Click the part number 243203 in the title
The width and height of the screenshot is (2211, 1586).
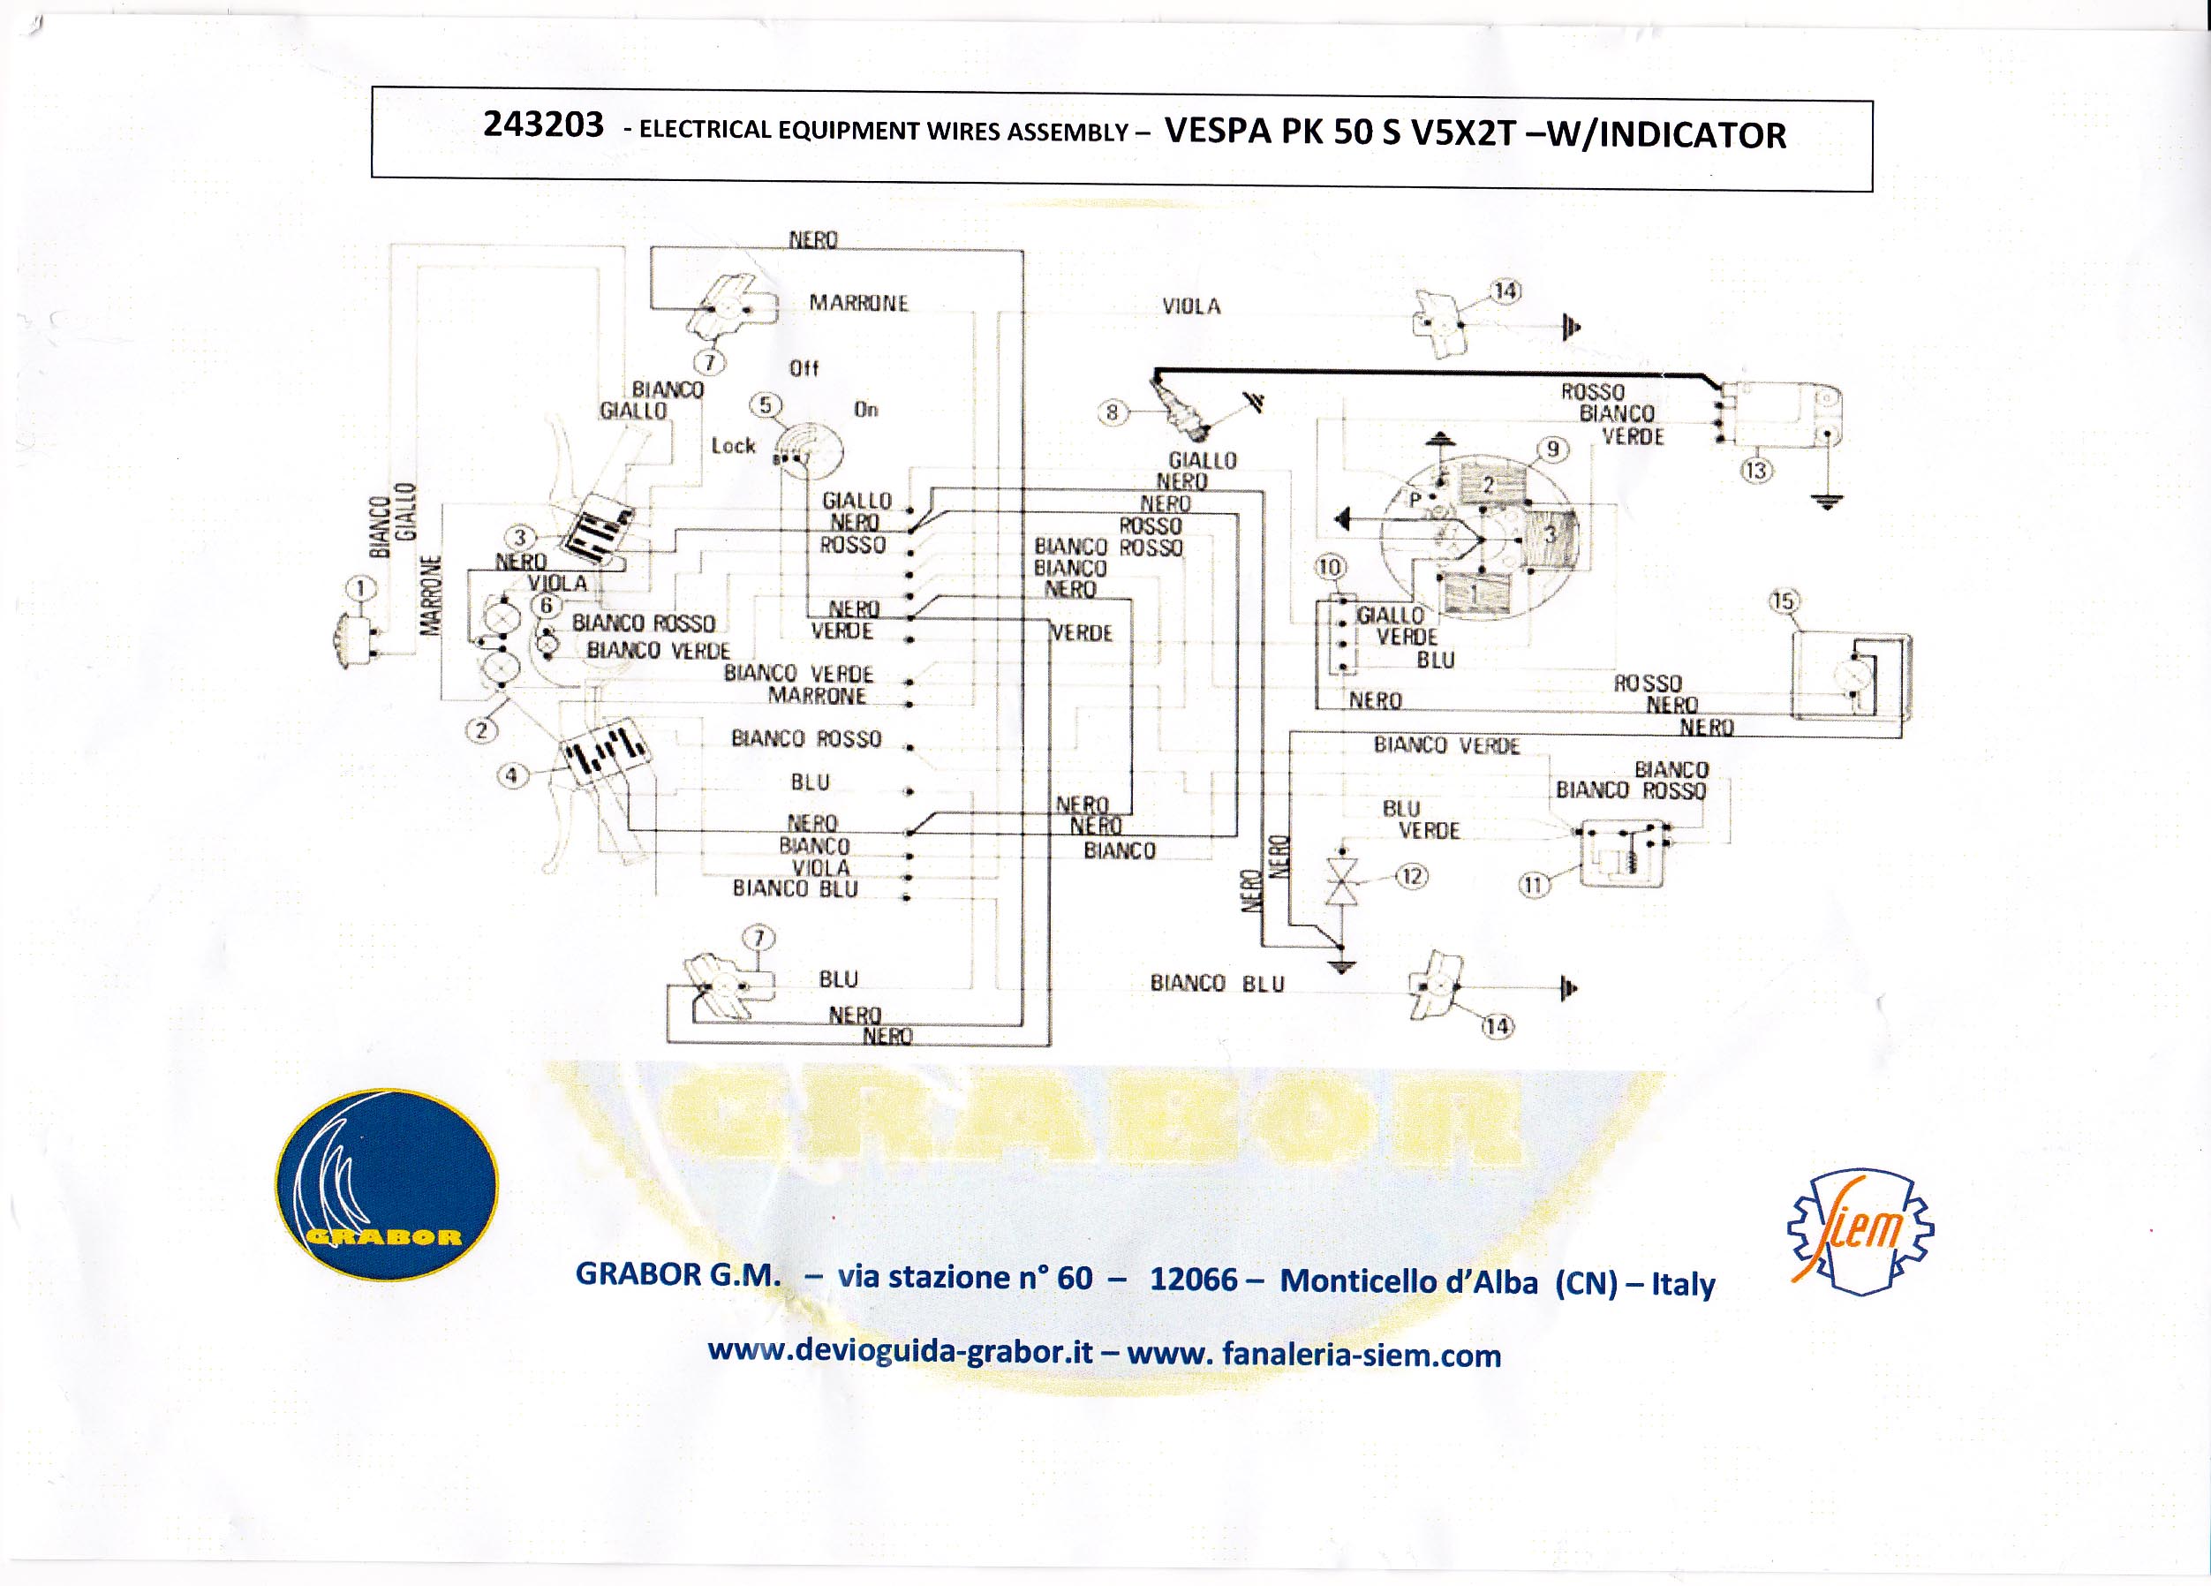point(543,125)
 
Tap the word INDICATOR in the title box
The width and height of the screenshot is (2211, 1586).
point(1693,134)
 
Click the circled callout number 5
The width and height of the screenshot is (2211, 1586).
point(766,405)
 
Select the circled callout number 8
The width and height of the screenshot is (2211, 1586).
point(1112,412)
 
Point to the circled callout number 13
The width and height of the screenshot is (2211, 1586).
point(1755,471)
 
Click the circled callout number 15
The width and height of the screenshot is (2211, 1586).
point(1783,601)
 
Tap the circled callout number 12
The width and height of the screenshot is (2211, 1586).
point(1412,875)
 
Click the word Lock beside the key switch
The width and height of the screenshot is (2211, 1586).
point(733,445)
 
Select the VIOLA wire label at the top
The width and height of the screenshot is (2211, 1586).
point(1191,306)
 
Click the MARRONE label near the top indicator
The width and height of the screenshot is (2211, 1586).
point(859,303)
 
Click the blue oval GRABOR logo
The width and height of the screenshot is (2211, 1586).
point(386,1183)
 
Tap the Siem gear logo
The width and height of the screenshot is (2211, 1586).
point(1861,1232)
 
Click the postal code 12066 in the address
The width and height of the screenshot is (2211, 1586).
point(1193,1278)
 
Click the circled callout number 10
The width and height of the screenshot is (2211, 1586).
point(1330,567)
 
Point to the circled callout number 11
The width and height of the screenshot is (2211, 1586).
point(1534,885)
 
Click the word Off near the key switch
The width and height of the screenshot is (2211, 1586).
point(804,368)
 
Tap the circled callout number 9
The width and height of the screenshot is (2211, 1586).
point(1553,449)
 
